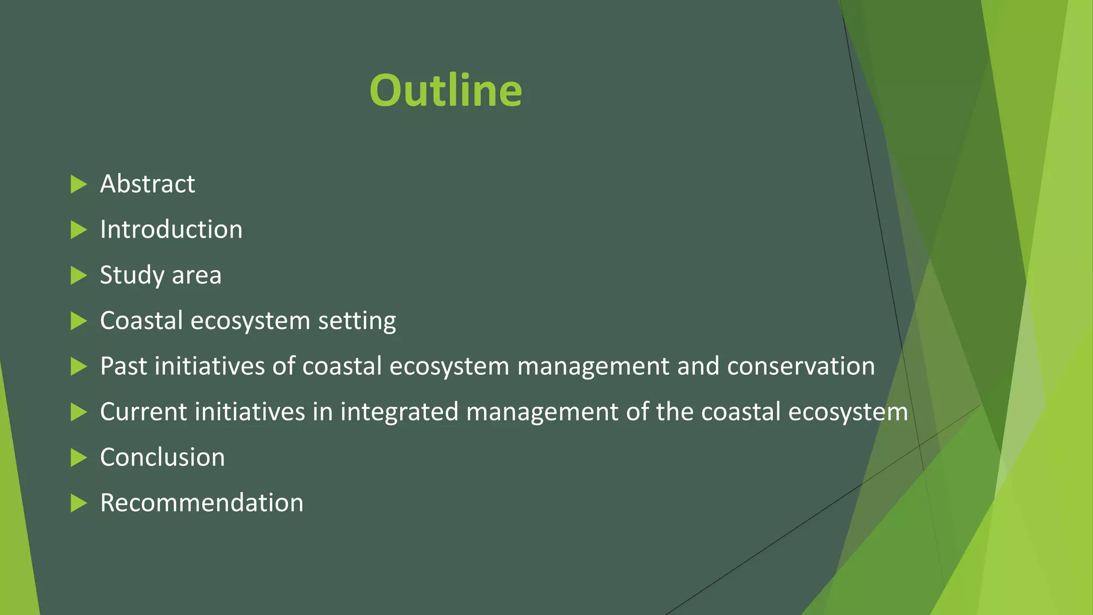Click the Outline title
[446, 90]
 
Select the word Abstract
[147, 184]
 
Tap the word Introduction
[171, 230]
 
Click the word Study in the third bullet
[132, 275]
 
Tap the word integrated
[399, 412]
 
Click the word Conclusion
[162, 458]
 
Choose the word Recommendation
[202, 503]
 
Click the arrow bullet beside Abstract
[78, 184]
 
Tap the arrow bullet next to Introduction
[78, 230]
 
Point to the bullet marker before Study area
[78, 275]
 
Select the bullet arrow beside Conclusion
[78, 458]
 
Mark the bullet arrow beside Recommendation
[78, 503]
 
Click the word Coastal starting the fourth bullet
[141, 321]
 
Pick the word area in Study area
[196, 275]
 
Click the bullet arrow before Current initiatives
[78, 412]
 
